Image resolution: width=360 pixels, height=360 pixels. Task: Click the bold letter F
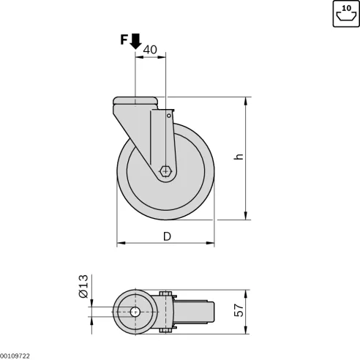click(124, 40)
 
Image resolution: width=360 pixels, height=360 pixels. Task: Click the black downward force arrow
click(135, 42)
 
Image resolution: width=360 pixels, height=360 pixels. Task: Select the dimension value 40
click(150, 50)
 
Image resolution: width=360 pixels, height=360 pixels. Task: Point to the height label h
click(239, 157)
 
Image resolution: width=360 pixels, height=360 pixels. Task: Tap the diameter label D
click(166, 236)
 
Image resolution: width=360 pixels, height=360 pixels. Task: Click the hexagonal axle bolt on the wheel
click(166, 172)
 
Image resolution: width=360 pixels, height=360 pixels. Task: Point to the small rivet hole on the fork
click(169, 115)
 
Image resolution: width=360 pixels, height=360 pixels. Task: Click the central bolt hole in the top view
click(136, 312)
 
